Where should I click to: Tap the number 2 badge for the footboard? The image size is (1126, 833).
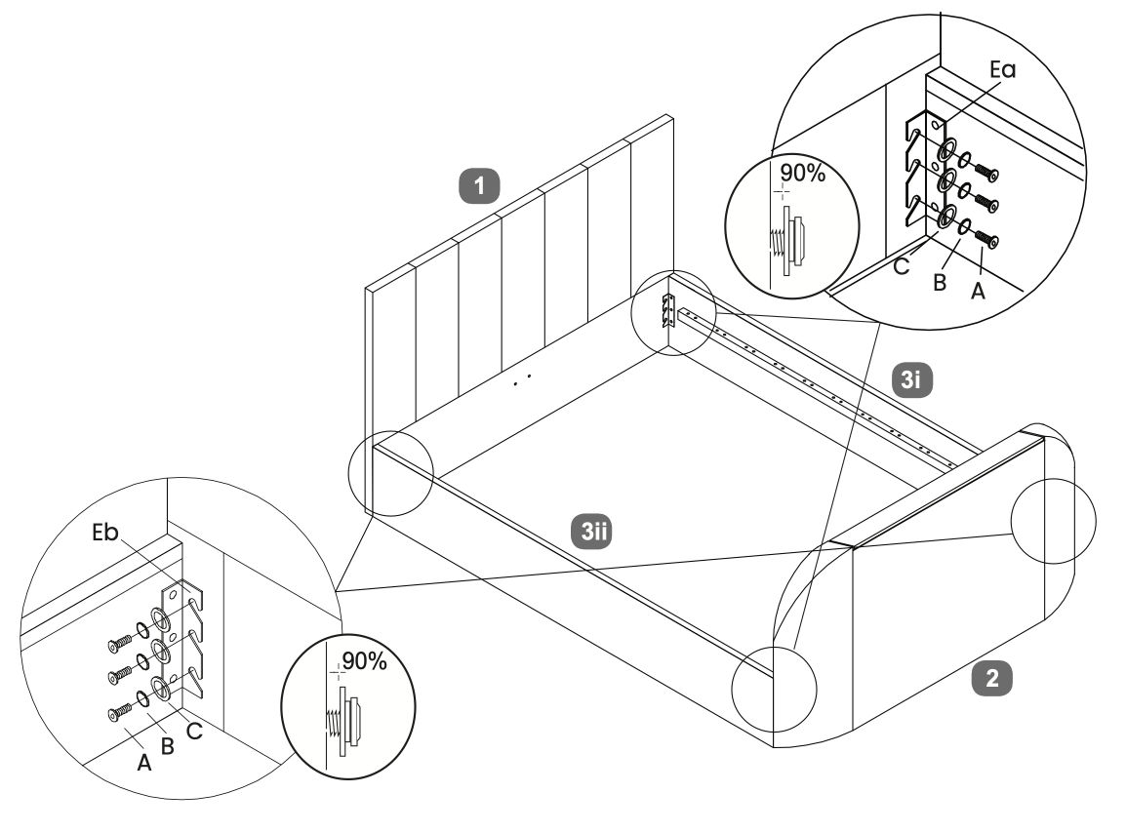[992, 679]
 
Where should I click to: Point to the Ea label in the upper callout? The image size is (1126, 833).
[1002, 71]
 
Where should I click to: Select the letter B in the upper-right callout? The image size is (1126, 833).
[940, 283]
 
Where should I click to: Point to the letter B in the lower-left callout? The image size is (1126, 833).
[167, 748]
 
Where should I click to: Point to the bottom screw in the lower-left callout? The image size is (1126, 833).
[114, 715]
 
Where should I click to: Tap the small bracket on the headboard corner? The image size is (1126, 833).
[669, 310]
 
